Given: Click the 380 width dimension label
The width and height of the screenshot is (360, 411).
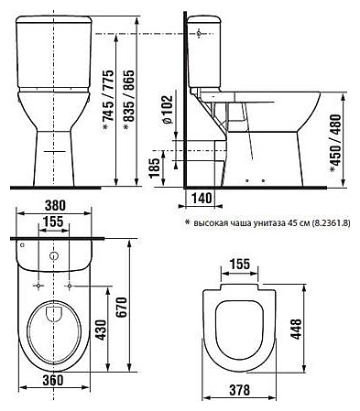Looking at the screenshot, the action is coord(55,205).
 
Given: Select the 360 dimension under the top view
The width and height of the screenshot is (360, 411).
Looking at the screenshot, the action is coord(53,380).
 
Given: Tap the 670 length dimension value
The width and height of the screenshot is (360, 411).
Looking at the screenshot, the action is coord(122,307).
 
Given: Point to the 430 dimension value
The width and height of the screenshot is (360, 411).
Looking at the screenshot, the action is coord(101,330).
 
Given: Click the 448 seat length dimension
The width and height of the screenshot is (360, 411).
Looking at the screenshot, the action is coord(296,330).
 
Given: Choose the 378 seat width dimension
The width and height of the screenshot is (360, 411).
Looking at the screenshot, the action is coord(239,390).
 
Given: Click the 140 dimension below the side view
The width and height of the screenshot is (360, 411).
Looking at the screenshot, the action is coord(202,198).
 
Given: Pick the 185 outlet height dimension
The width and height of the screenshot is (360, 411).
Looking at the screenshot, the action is coord(155,168).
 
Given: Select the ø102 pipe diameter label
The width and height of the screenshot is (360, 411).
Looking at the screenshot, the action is coord(167,110).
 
